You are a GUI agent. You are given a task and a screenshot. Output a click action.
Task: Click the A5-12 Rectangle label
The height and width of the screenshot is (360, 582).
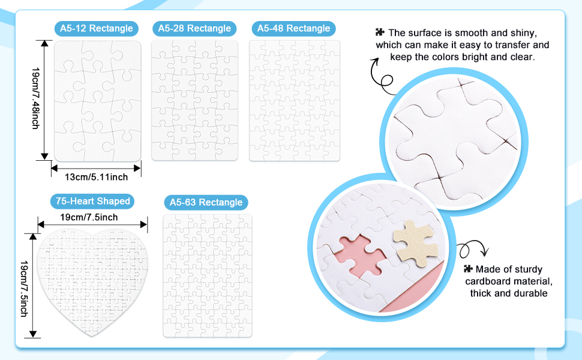97,29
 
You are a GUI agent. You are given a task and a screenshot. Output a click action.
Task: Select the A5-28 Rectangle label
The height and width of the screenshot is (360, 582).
194,29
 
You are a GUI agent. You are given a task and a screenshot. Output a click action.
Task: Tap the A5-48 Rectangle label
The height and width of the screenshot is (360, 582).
293,29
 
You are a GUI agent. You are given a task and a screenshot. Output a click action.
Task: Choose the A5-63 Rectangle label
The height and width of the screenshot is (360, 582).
206,202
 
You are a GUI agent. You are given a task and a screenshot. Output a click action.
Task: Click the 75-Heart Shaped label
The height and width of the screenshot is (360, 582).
92,201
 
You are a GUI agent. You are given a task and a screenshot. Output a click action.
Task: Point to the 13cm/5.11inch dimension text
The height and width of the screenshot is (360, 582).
96,177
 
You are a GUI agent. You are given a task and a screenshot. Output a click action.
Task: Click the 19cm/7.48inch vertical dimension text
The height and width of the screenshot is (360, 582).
35,98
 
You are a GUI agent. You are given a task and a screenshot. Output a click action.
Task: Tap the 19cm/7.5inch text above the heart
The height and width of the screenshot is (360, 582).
89,217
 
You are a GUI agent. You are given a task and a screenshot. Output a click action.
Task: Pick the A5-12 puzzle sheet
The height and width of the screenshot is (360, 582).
98,101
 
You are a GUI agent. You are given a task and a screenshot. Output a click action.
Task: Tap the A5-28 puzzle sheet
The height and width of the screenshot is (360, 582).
194,101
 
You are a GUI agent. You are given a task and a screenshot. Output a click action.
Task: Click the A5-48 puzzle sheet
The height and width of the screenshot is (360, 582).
295,101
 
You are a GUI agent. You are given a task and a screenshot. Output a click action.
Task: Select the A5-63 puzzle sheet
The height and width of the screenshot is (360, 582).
208,276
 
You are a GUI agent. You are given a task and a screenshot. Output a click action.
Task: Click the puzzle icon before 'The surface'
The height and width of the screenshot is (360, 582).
380,32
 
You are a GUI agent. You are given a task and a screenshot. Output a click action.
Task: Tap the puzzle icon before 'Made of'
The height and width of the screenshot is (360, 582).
469,268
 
